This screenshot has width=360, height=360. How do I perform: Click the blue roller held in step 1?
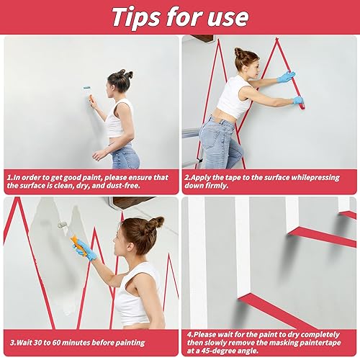(87, 88)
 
